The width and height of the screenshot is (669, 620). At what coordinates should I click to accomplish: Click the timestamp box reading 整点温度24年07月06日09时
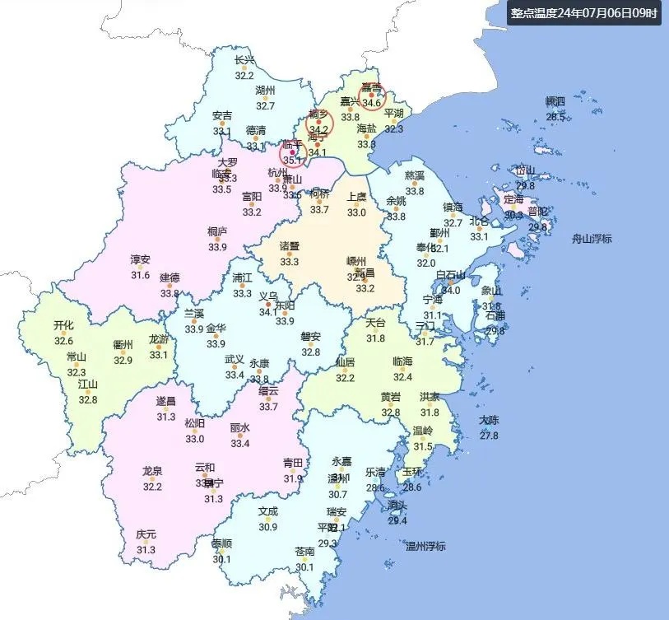pyautogui.click(x=583, y=13)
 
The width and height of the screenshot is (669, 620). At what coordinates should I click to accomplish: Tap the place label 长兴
pyautogui.click(x=244, y=60)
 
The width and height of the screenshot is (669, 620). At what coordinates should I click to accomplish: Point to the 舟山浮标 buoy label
pyautogui.click(x=592, y=239)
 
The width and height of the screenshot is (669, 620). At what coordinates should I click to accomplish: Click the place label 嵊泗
pyautogui.click(x=556, y=102)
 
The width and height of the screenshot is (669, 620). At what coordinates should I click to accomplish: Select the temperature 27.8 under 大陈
pyautogui.click(x=489, y=435)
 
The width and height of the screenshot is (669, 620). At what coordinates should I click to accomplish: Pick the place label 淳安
pyautogui.click(x=141, y=259)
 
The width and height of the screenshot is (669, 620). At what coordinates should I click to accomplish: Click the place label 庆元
pyautogui.click(x=146, y=534)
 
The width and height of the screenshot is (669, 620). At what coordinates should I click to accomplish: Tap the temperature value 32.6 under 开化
pyautogui.click(x=63, y=341)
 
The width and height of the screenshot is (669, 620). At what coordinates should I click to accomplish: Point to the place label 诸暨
pyautogui.click(x=290, y=247)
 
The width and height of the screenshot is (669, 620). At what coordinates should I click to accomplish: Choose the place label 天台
pyautogui.click(x=375, y=323)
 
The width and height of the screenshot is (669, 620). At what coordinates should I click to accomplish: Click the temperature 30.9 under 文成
pyautogui.click(x=268, y=527)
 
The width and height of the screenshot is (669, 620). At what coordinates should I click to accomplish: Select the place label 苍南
pyautogui.click(x=304, y=552)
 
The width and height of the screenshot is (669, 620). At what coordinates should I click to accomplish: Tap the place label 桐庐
pyautogui.click(x=217, y=232)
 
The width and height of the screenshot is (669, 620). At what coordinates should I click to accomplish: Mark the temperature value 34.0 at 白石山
pyautogui.click(x=451, y=290)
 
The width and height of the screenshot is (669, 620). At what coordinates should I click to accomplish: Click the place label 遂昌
pyautogui.click(x=166, y=402)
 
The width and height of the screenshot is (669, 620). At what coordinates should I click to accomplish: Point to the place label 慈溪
pyautogui.click(x=415, y=176)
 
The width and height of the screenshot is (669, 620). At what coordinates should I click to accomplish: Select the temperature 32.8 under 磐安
pyautogui.click(x=310, y=352)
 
